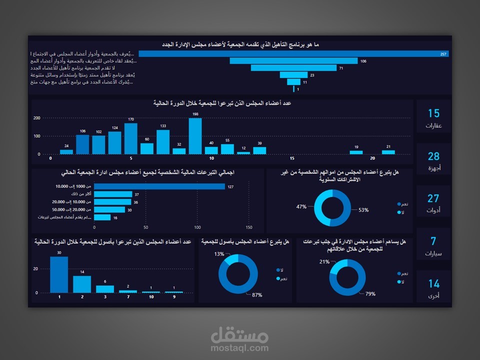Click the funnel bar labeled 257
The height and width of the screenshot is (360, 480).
tap(293, 54)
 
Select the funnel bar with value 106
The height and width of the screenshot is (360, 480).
tap(293, 61)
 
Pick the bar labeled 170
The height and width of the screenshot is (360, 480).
tap(130, 138)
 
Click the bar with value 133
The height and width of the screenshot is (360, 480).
tap(163, 142)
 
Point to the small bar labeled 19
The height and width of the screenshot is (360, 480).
tap(356, 152)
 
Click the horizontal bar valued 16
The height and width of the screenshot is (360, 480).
tap(102, 217)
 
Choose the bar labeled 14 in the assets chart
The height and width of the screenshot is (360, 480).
tap(82, 284)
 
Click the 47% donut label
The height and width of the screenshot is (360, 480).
tap(301, 206)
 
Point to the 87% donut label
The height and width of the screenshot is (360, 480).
tap(257, 295)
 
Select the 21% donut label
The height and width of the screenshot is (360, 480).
tap(324, 261)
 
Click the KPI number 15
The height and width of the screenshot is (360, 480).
tap(433, 113)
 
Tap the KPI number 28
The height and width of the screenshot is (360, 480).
tap(433, 156)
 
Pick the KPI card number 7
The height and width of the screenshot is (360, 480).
tap(433, 241)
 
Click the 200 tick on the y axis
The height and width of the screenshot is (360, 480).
tap(36, 118)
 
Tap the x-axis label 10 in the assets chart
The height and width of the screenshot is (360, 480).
tap(151, 297)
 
